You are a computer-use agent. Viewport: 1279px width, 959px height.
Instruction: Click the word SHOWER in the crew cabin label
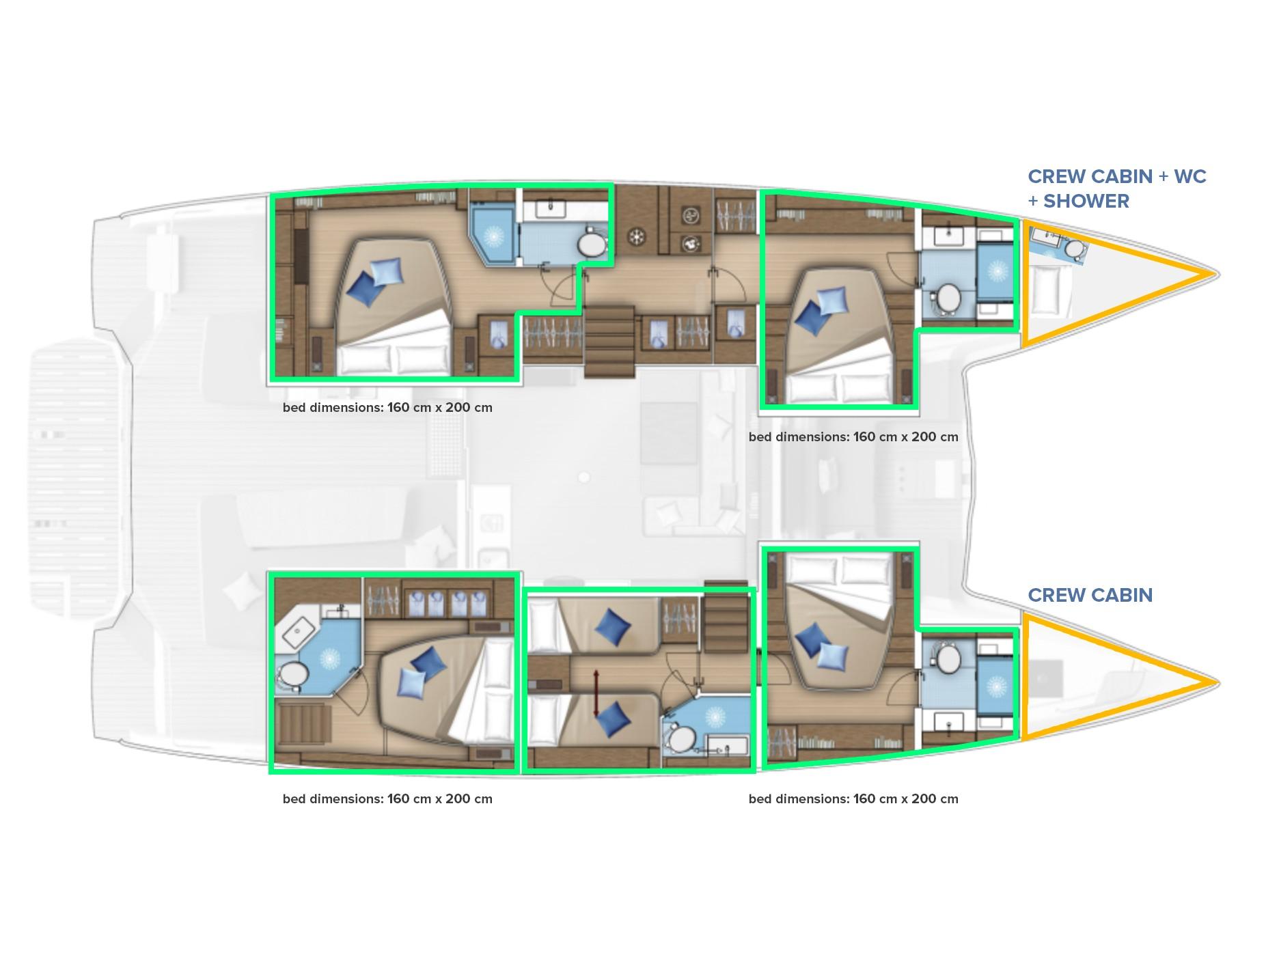(x=1086, y=201)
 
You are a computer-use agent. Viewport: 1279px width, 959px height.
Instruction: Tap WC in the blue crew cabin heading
(x=1190, y=176)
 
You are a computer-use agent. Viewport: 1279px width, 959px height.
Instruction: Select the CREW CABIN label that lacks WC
(x=1090, y=595)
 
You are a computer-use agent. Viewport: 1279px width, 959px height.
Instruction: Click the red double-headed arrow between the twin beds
(x=596, y=694)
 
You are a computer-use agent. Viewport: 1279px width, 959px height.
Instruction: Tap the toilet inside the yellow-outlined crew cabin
(x=1075, y=250)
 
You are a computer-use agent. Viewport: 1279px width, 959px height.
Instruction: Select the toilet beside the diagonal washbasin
(x=292, y=676)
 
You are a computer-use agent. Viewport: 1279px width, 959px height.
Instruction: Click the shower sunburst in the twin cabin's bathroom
(x=715, y=716)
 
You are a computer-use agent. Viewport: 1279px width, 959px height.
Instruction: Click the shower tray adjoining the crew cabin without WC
(x=996, y=685)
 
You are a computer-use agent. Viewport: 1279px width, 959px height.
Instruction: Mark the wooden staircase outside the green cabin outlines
(x=609, y=342)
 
